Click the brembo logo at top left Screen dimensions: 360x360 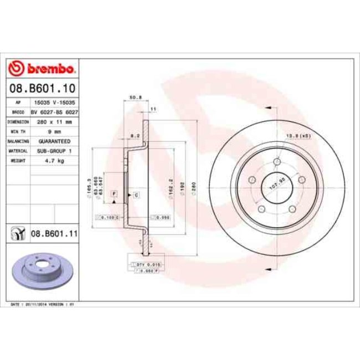[42, 69]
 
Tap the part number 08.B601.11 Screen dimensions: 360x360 [53, 234]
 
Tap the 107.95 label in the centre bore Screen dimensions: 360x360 [276, 182]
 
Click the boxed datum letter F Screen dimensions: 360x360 [114, 193]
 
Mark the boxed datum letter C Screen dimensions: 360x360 [136, 196]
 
